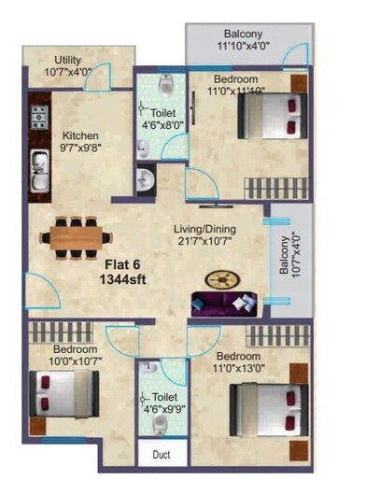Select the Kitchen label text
81,134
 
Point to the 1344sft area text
121,278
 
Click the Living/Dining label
205,228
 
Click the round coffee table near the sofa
221,278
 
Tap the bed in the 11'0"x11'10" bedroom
272,118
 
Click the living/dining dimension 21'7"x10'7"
204,242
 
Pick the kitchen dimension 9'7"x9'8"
81,147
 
